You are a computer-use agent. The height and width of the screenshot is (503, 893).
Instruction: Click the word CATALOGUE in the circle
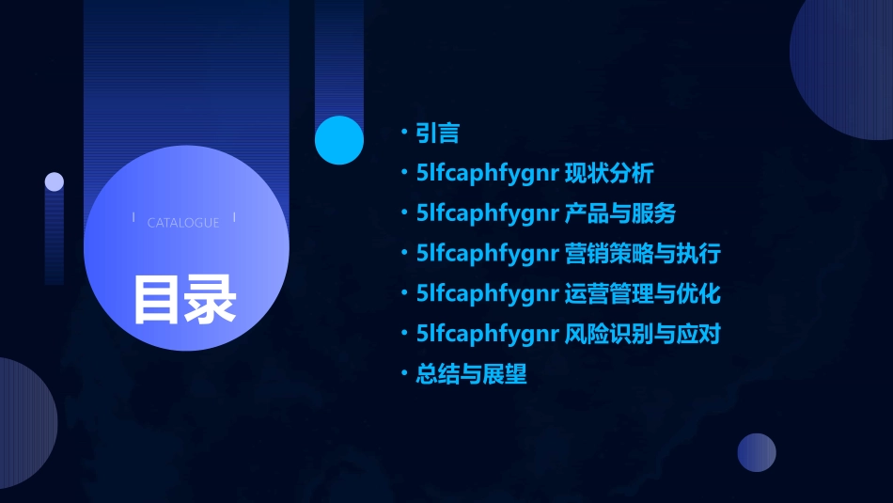pos(183,223)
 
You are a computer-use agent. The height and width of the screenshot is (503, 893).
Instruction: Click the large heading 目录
pos(184,298)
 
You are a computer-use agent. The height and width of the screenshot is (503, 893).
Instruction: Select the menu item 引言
pos(437,133)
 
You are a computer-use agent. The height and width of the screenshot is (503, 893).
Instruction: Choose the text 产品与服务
pos(619,213)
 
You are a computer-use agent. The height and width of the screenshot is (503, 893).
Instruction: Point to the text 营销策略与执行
pos(642,254)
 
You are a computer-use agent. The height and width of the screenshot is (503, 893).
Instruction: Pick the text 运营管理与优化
pos(642,293)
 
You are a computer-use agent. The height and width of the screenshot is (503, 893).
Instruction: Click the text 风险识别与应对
pos(642,334)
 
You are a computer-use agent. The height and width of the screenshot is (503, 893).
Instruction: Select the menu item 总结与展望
pos(471,374)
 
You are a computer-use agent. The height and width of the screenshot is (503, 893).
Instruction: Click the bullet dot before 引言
pos(403,133)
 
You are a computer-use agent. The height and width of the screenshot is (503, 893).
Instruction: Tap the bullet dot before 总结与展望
pos(403,374)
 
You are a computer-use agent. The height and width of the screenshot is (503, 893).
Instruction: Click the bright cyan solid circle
pos(339,140)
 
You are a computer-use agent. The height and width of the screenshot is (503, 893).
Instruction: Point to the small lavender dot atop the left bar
pos(55,181)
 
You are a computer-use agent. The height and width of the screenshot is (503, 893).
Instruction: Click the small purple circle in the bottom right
pos(757,452)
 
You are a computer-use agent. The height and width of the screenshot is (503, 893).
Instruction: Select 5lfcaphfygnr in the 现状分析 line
pos(488,173)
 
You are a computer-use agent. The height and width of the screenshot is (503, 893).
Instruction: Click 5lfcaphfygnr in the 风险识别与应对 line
pos(488,334)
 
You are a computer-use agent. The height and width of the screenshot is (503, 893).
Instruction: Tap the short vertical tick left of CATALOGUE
pos(133,218)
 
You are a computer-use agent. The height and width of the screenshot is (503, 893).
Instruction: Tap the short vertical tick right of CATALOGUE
pos(234,218)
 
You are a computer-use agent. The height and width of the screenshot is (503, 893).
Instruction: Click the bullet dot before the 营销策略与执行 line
pos(403,254)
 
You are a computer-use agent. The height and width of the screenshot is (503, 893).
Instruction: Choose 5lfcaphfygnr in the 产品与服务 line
pos(488,213)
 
